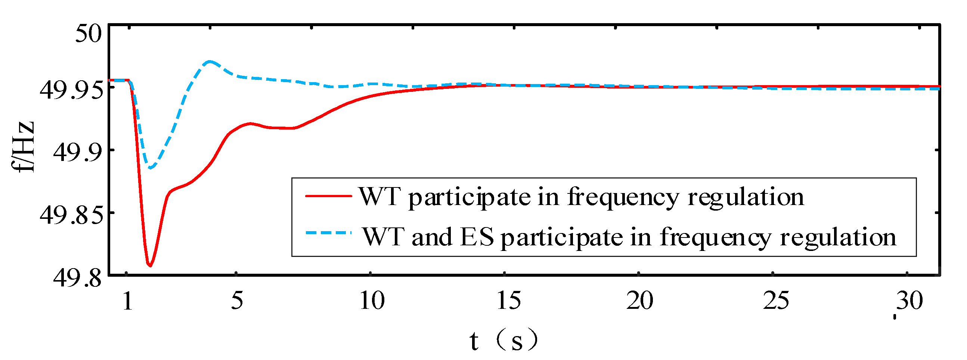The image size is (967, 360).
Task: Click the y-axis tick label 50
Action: point(88,33)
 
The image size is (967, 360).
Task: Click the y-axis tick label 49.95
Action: point(71,91)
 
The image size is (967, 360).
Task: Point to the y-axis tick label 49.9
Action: point(78,153)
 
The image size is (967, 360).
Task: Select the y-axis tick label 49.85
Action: point(71,216)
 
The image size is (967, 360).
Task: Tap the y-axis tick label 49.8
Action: point(78,279)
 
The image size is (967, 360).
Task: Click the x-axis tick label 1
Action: point(128,301)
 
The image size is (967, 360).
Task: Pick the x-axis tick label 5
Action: point(237,301)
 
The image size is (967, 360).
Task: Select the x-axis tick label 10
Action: point(372,301)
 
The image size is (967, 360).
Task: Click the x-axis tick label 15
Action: point(508,301)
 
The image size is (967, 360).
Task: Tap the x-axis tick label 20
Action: point(640,301)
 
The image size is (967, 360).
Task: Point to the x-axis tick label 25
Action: point(775,301)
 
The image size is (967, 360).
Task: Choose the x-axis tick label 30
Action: point(909,301)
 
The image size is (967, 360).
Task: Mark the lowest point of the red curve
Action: point(150,266)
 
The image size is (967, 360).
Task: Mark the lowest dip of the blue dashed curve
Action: point(151,168)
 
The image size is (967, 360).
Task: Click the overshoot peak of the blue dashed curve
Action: point(210,61)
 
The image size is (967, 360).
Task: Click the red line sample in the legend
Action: point(328,196)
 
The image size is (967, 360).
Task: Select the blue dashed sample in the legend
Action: point(328,233)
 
